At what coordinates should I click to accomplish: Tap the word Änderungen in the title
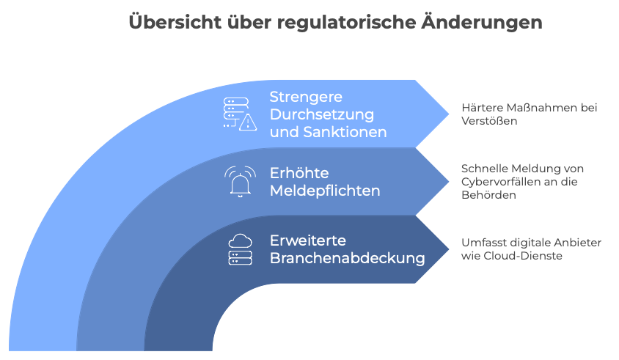(482, 22)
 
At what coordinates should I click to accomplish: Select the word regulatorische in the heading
(347, 23)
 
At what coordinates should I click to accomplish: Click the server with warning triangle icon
(240, 114)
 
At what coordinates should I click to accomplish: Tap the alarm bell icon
(240, 182)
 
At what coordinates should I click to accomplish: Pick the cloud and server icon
(240, 249)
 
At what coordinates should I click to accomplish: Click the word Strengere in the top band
(306, 97)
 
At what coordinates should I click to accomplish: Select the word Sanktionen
(345, 132)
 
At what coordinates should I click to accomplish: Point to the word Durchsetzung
(322, 115)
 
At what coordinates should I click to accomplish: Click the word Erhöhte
(299, 173)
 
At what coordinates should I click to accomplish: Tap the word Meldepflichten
(325, 191)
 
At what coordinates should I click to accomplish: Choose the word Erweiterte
(308, 240)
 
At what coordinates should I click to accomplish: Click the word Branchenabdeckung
(348, 258)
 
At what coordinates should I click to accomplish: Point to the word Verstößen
(489, 121)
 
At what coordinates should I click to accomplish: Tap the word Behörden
(488, 195)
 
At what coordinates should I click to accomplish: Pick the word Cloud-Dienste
(523, 256)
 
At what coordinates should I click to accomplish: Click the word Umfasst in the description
(484, 243)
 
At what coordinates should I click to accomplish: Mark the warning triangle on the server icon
(248, 122)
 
